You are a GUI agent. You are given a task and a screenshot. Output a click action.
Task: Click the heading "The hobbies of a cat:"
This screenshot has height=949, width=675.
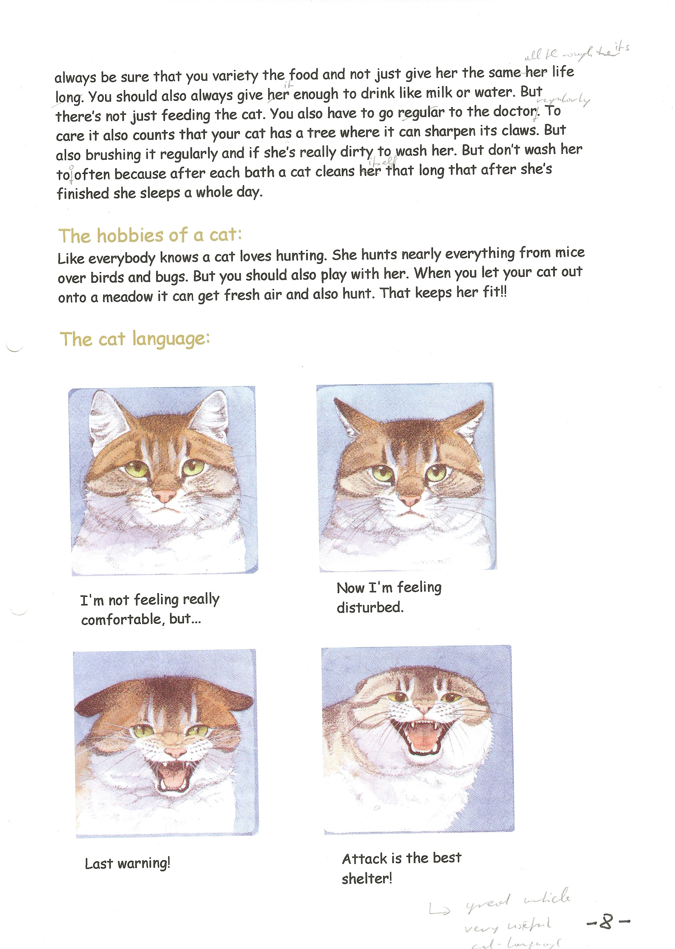click(150, 235)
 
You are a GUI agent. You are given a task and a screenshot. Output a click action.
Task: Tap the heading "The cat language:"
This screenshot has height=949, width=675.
click(135, 339)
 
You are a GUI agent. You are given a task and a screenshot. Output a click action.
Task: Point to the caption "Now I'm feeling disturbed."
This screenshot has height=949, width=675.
click(389, 597)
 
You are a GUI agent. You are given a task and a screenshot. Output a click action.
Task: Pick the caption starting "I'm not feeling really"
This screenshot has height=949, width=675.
click(150, 609)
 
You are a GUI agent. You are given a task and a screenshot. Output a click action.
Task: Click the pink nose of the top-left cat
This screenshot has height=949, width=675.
click(165, 495)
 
